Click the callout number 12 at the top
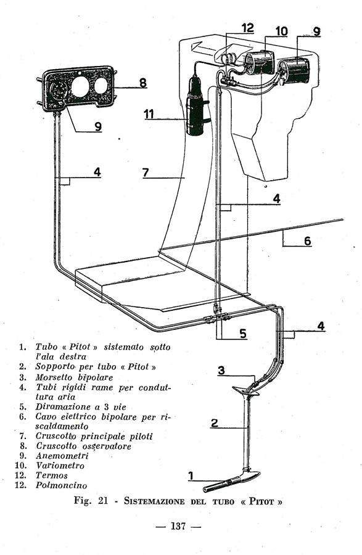point(248,28)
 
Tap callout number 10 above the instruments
point(282,31)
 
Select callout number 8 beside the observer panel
point(142,83)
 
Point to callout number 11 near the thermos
point(149,114)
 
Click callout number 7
point(146,173)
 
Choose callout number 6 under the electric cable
point(308,241)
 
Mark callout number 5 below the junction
point(243,334)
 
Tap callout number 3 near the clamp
point(221,371)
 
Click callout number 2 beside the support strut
point(215,422)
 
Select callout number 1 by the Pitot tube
point(191,476)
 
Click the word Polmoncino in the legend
point(61,485)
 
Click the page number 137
point(178,526)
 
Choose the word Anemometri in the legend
point(62,456)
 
